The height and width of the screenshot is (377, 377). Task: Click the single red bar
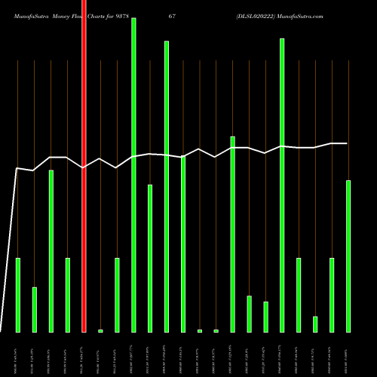coord(84,166)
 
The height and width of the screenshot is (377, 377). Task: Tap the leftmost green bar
coord(18,295)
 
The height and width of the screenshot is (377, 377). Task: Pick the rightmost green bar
coord(348,256)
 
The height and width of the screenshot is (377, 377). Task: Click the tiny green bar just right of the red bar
coord(100,330)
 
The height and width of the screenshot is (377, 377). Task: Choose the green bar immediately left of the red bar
coord(68,295)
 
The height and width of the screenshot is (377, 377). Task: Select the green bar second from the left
coord(35,309)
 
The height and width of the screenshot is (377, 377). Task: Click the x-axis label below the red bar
coord(84,354)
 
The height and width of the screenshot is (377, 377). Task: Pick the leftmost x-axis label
coord(18,354)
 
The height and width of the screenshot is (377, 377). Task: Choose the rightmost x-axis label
coord(348,354)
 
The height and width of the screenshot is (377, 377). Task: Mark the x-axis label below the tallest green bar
coord(133,354)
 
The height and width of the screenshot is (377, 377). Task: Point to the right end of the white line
coord(348,143)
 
